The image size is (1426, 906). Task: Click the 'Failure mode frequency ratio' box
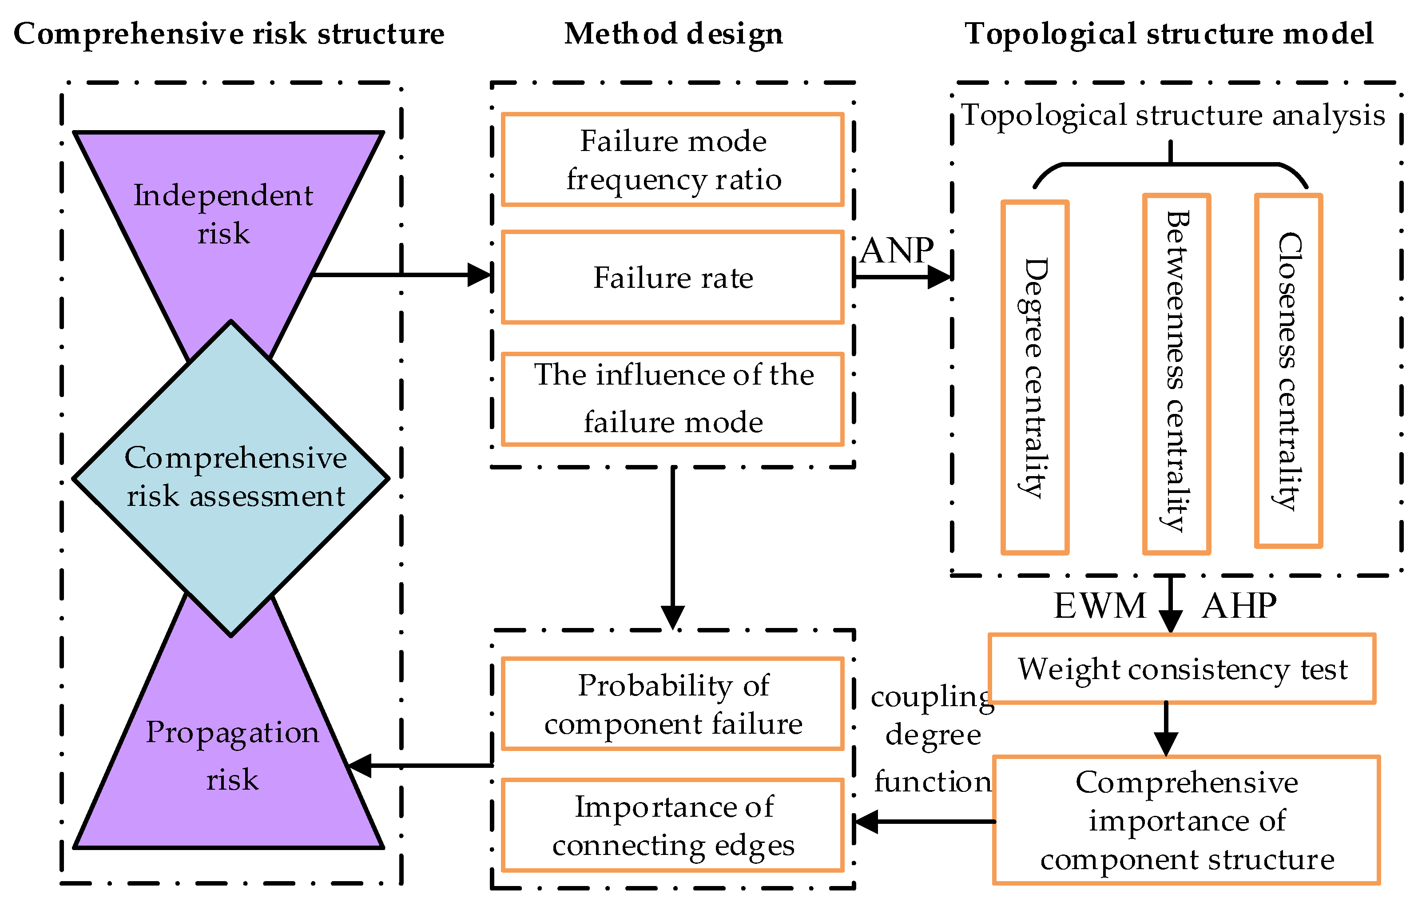tap(673, 160)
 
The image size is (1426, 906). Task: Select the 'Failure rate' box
tap(673, 277)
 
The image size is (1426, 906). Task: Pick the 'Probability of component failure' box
tap(673, 704)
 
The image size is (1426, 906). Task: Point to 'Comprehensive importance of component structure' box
tap(1186, 820)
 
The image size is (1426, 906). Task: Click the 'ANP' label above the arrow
tap(897, 250)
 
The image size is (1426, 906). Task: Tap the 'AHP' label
tap(1239, 606)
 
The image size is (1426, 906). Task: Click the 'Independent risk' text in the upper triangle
tap(223, 215)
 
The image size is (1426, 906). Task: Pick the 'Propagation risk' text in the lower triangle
tap(232, 755)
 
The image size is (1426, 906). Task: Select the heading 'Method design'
tap(673, 33)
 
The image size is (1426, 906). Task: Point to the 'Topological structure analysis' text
tap(1172, 115)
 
